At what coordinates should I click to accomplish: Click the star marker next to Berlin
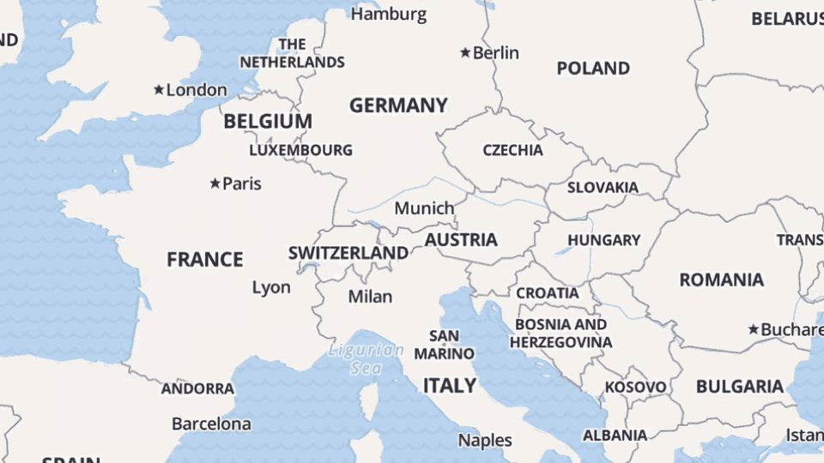(465, 53)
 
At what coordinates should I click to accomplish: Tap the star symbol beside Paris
(215, 183)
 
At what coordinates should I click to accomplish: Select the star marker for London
(159, 90)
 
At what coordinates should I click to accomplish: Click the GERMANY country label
(398, 105)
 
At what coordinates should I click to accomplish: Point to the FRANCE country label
(205, 259)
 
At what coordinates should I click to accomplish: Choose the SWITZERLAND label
(348, 253)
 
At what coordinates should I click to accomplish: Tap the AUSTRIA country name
(461, 239)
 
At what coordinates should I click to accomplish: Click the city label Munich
(424, 208)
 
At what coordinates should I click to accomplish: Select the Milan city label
(370, 297)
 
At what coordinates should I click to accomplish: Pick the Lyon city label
(271, 288)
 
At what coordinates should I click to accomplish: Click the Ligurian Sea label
(366, 358)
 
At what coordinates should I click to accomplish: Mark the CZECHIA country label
(512, 150)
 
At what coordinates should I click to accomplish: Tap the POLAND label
(593, 69)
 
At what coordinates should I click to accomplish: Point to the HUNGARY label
(603, 240)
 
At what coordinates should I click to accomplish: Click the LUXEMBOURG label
(300, 150)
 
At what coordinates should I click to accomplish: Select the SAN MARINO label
(444, 344)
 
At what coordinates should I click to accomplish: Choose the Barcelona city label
(211, 424)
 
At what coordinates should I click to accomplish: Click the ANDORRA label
(197, 388)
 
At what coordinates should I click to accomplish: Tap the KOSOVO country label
(635, 388)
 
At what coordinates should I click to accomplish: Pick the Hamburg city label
(389, 14)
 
